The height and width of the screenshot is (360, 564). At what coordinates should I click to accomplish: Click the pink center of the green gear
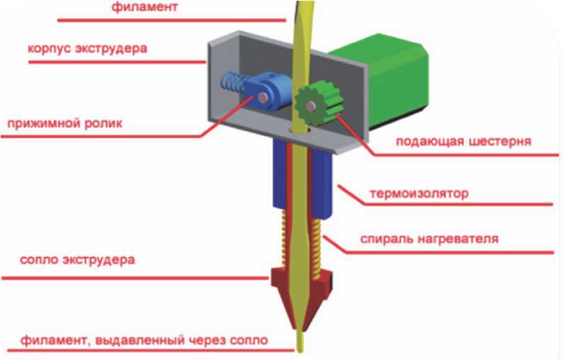[312, 106]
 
